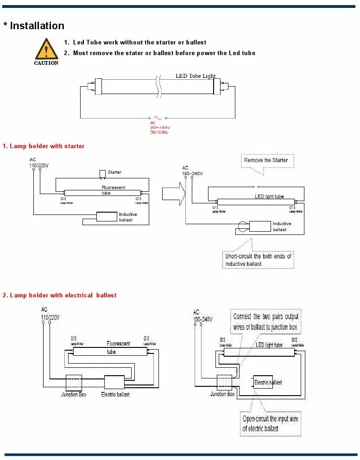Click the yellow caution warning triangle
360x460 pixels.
click(x=46, y=49)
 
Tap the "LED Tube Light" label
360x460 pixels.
click(x=196, y=76)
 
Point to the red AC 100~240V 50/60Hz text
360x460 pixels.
click(x=159, y=128)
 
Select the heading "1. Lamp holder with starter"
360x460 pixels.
click(x=44, y=146)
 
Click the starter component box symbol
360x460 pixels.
click(x=102, y=174)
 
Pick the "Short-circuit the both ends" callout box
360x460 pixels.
click(x=258, y=260)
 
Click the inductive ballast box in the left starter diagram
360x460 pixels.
click(x=106, y=216)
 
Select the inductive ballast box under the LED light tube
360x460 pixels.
click(x=260, y=226)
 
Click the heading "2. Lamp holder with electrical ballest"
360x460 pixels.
click(x=59, y=296)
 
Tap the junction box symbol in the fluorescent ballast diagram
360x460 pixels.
click(x=74, y=383)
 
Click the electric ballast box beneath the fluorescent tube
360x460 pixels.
click(x=114, y=382)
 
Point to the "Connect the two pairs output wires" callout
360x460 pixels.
click(x=266, y=321)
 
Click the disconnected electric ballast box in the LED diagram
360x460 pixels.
click(x=263, y=382)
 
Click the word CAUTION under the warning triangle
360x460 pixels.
click(x=46, y=63)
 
